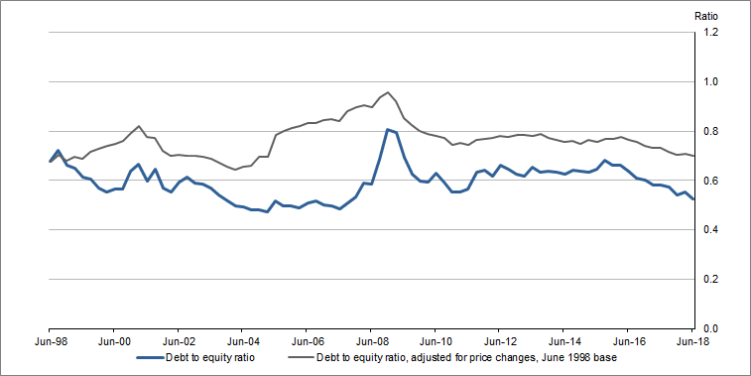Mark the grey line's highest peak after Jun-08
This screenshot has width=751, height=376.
pyautogui.click(x=388, y=92)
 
